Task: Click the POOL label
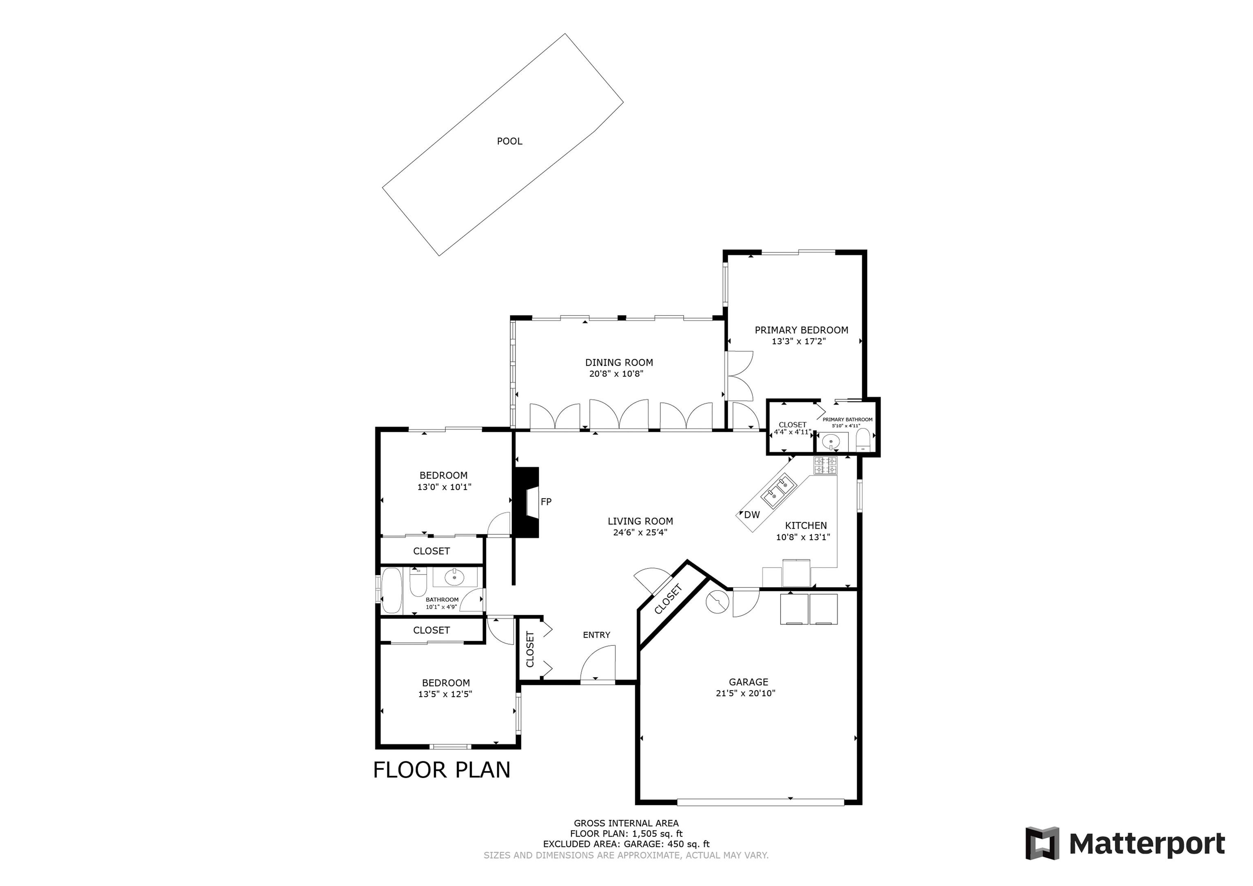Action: pos(509,142)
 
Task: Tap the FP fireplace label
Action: pos(546,502)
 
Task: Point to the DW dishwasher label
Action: pos(751,514)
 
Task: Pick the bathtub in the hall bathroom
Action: pos(391,590)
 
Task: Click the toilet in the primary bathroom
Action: pos(863,439)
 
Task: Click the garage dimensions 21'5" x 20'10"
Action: pos(746,693)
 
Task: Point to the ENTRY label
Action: pos(596,635)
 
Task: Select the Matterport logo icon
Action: pos(1043,844)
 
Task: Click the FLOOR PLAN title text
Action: pos(441,770)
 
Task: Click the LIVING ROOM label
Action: pos(640,521)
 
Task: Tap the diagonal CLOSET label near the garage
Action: pos(668,599)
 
